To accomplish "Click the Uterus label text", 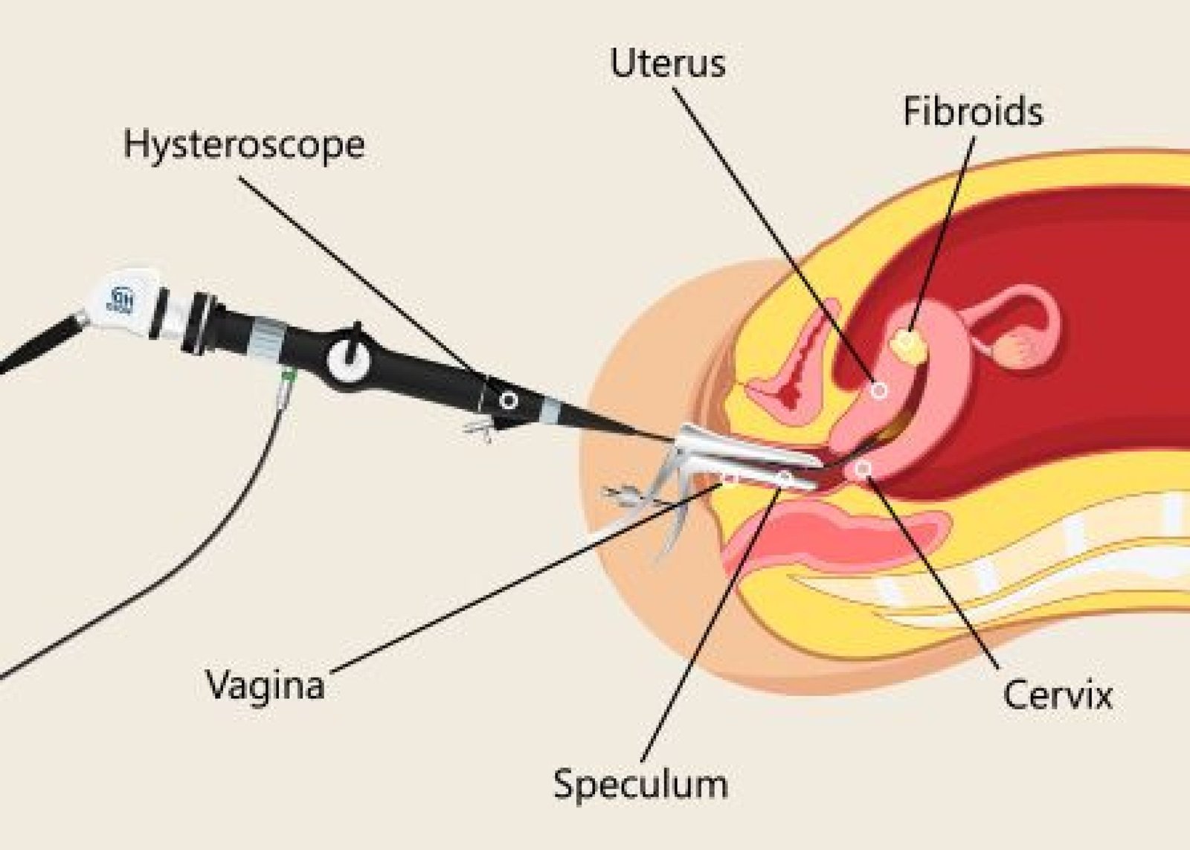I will (667, 64).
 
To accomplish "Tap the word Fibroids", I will (973, 112).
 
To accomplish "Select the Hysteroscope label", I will (244, 145).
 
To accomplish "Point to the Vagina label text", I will (266, 685).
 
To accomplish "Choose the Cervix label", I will (1057, 696).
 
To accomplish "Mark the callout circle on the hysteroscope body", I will (509, 402).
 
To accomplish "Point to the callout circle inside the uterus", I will (879, 390).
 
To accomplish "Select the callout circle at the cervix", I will (863, 469).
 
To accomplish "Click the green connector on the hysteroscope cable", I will (285, 382).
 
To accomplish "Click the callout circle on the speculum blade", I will (785, 476).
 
